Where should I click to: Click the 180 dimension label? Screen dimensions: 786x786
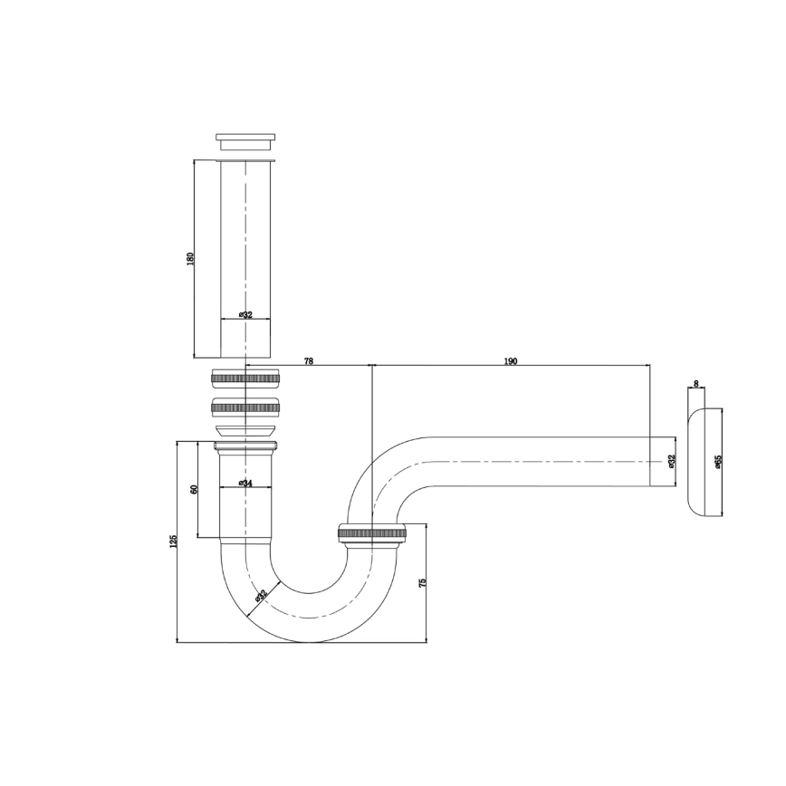click(x=189, y=258)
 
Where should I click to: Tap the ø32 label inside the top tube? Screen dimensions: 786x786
click(x=245, y=314)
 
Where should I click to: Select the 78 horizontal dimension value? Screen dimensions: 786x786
click(x=309, y=360)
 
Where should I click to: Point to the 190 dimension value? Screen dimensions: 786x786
click(x=510, y=360)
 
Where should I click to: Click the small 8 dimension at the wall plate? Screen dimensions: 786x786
click(x=695, y=384)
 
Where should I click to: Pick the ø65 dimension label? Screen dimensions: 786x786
click(x=717, y=462)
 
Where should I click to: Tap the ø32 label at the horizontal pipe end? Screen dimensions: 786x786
click(x=671, y=461)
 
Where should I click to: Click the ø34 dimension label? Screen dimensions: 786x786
click(x=245, y=484)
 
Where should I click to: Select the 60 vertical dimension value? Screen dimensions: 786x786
click(x=193, y=489)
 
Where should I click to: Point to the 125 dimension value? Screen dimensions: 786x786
click(x=172, y=542)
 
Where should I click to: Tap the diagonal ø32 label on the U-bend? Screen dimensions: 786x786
click(x=261, y=596)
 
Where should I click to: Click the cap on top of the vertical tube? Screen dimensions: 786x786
click(x=245, y=142)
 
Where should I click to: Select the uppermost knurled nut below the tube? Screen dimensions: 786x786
click(x=245, y=378)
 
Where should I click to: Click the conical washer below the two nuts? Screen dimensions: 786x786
click(x=245, y=428)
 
